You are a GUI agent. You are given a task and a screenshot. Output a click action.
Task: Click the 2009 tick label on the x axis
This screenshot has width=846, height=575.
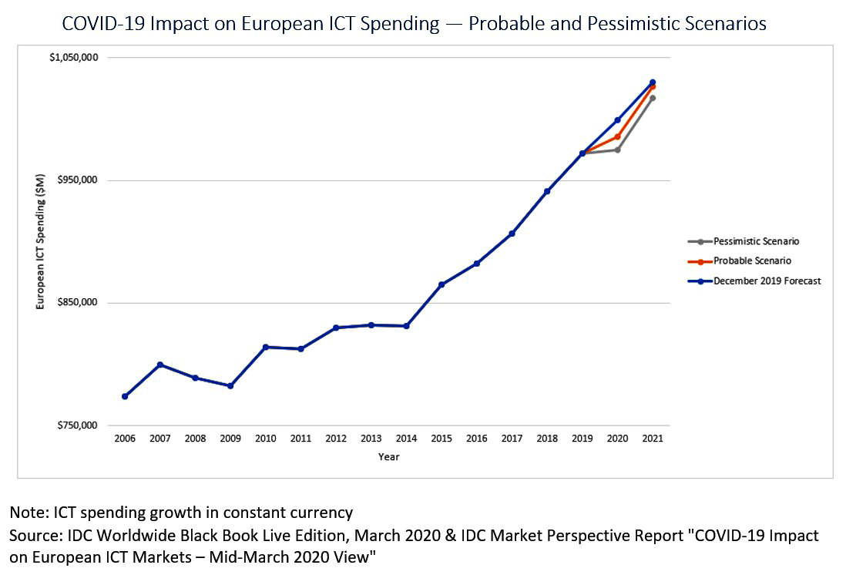coord(230,438)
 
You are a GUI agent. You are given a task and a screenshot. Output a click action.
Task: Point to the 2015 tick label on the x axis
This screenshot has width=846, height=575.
coord(441,438)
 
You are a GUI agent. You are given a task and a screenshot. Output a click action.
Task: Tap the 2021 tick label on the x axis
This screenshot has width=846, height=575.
coord(653,438)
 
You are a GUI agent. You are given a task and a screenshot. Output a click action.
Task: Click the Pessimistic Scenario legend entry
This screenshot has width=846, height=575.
coord(756,241)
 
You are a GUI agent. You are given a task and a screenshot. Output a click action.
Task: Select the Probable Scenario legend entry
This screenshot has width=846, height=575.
coord(752,261)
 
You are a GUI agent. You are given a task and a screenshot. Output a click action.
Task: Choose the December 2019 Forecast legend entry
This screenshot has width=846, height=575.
coord(767,281)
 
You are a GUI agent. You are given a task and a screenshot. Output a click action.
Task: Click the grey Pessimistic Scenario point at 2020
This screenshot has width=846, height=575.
coord(617,150)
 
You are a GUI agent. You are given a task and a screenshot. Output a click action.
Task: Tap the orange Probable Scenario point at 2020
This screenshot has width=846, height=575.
coord(617,136)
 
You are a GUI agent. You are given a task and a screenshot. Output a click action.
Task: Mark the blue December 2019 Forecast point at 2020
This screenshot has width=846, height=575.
coord(617,120)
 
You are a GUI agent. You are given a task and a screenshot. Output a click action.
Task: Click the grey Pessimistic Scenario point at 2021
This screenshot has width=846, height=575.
coord(653,98)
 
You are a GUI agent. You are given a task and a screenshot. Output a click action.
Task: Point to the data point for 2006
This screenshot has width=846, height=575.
coord(125,396)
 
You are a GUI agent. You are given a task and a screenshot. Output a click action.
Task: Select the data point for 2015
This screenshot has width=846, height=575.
coord(441,284)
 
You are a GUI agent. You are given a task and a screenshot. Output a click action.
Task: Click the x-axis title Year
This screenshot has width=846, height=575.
coord(388,457)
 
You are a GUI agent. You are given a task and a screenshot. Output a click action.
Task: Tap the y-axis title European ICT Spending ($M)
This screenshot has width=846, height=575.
coord(40,241)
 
